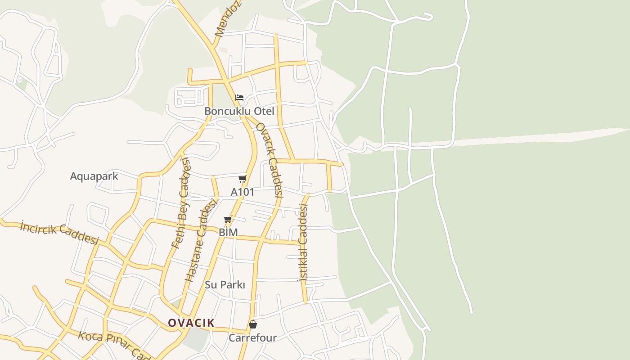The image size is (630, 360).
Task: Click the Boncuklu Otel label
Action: [x=239, y=111]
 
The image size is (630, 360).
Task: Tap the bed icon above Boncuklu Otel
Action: [x=239, y=97]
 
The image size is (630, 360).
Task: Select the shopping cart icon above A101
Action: [x=243, y=179]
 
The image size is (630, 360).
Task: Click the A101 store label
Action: [x=243, y=192]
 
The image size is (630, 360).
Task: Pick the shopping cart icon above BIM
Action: [x=228, y=220]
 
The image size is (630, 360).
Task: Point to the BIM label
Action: [x=228, y=233]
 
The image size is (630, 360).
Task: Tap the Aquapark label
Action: [x=94, y=176]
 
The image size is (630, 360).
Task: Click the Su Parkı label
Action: [x=225, y=285]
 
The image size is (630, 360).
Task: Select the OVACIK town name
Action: [x=191, y=323]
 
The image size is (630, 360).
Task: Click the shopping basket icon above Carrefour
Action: [x=253, y=324]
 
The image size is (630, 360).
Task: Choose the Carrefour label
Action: [x=252, y=337]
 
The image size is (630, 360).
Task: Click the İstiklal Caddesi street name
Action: [x=303, y=242]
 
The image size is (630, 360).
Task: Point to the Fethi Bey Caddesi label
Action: [x=181, y=203]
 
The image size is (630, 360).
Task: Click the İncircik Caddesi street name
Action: [x=59, y=232]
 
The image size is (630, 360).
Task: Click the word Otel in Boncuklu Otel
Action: [x=264, y=111]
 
